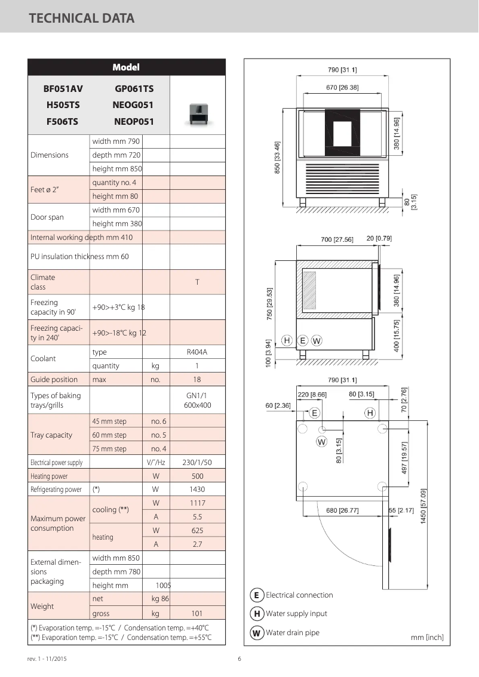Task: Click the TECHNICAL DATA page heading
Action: click(x=82, y=19)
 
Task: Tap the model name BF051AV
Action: click(x=63, y=89)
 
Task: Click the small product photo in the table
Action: click(x=198, y=112)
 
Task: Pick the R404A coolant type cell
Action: click(x=197, y=352)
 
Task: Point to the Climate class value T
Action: click(x=197, y=282)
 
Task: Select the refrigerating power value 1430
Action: click(x=197, y=490)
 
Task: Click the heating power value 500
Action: click(x=197, y=476)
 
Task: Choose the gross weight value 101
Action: click(x=197, y=613)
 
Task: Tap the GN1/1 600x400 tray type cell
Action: click(x=197, y=400)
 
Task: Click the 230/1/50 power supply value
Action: click(x=197, y=463)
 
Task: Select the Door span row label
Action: click(x=47, y=217)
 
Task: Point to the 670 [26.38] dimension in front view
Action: click(x=342, y=88)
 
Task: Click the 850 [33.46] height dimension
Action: click(x=277, y=158)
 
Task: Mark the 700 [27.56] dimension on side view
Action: click(x=337, y=239)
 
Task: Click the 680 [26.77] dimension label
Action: click(x=342, y=510)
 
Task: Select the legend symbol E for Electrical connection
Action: click(x=256, y=595)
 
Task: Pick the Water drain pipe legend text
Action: click(x=293, y=633)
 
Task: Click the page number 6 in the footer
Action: click(x=240, y=659)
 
